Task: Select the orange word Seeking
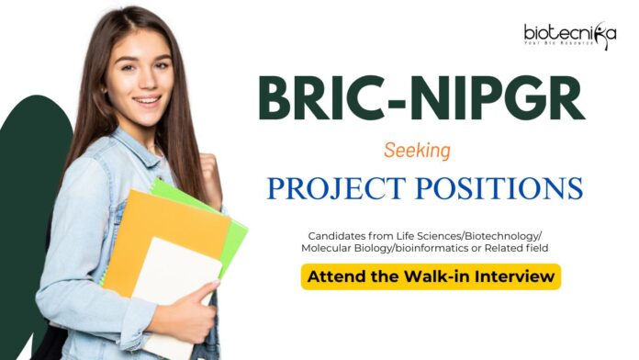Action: pyautogui.click(x=424, y=148)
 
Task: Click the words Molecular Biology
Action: pyautogui.click(x=344, y=248)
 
